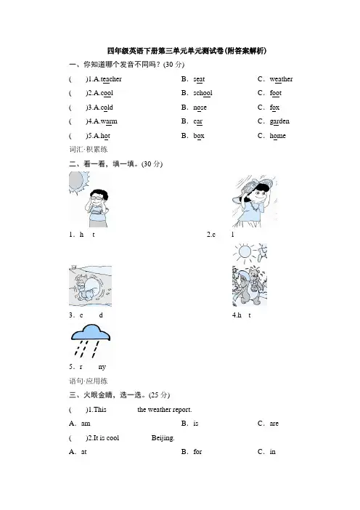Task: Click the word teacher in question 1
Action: [x=111, y=79]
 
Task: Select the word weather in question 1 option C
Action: [x=281, y=79]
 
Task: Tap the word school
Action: [x=202, y=93]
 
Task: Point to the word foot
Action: [x=276, y=93]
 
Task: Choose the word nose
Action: [x=200, y=108]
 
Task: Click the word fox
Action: [x=274, y=108]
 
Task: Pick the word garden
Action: [x=279, y=121]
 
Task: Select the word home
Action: [x=278, y=136]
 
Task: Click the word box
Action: [x=199, y=136]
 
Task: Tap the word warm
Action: [x=109, y=121]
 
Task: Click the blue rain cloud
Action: [x=91, y=333]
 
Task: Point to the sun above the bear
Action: [x=245, y=252]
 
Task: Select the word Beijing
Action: [x=163, y=438]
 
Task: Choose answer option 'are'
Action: [x=274, y=424]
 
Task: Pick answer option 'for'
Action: [x=197, y=452]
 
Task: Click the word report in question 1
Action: [x=181, y=410]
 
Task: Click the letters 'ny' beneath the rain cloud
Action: [x=102, y=367]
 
